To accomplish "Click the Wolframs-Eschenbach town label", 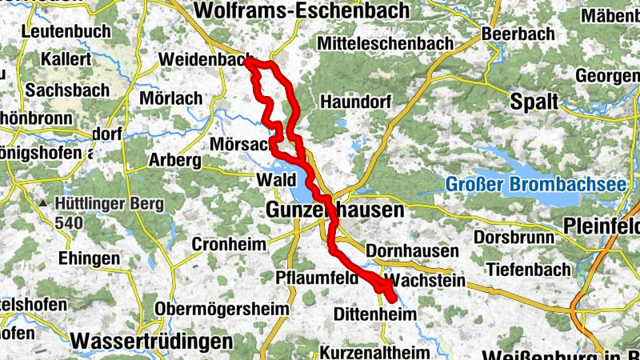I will click(302, 10).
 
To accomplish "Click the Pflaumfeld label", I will click(315, 278).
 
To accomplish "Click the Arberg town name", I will click(174, 160).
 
